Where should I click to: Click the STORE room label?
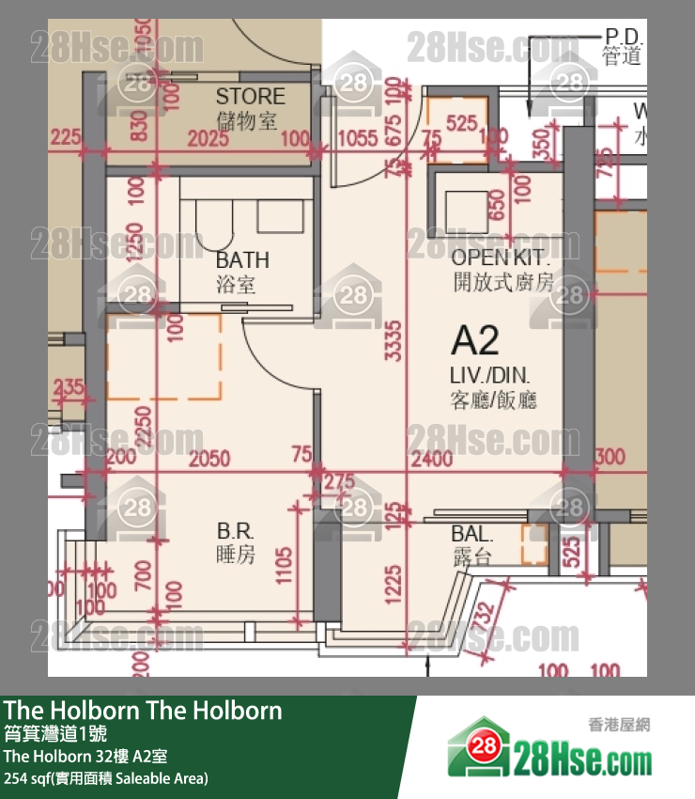250,96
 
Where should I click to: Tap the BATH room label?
241,260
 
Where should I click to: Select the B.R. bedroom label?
235,532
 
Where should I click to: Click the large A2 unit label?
475,340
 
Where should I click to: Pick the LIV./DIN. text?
492,376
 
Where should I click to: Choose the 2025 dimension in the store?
208,140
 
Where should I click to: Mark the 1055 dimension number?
357,140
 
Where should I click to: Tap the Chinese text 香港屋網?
620,725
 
